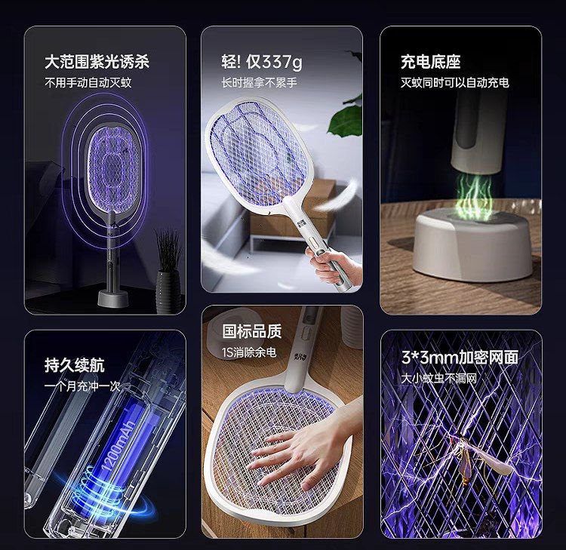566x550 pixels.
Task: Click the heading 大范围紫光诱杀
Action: (97, 62)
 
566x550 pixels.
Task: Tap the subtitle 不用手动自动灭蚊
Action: (88, 83)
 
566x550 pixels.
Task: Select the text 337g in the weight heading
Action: (282, 62)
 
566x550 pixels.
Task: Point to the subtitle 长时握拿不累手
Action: (259, 83)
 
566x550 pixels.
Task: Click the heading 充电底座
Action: (431, 62)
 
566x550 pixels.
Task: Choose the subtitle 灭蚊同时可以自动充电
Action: (455, 83)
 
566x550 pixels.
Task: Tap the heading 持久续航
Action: (75, 365)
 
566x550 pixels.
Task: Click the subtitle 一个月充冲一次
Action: (82, 386)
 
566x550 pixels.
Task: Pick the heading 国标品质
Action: (252, 331)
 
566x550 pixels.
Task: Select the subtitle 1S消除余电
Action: (249, 352)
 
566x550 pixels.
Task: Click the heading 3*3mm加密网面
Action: (460, 358)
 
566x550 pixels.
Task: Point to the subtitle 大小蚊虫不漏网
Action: (439, 378)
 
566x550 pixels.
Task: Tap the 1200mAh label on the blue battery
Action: (118, 445)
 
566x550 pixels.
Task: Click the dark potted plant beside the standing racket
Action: (168, 275)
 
